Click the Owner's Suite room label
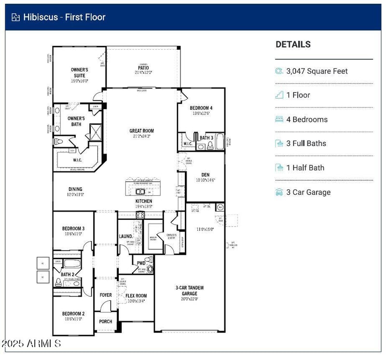point(80,73)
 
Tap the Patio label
point(143,68)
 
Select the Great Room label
point(141,131)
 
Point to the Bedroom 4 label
point(201,107)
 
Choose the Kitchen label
point(143,201)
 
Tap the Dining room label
point(75,189)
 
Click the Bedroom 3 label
point(73,228)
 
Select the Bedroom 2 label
point(73,313)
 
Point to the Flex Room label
point(136,296)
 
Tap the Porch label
point(106,321)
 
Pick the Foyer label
point(106,295)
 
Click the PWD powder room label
point(141,263)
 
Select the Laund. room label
point(125,237)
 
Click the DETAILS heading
point(293,44)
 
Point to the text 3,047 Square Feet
point(317,71)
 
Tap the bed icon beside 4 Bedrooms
point(279,120)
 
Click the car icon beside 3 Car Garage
point(279,192)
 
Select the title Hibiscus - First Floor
point(64,17)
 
